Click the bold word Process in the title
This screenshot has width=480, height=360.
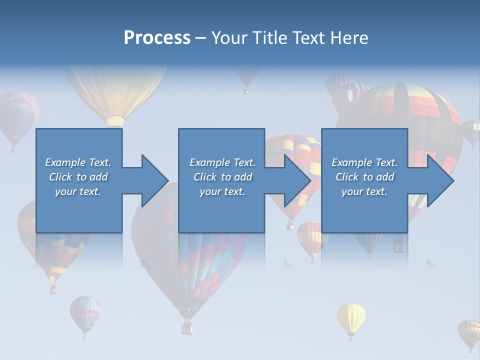pyautogui.click(x=157, y=38)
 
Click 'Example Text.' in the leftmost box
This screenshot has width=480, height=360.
pyautogui.click(x=78, y=162)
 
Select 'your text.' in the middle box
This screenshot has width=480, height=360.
pyautogui.click(x=222, y=191)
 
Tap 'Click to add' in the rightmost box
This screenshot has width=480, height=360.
pyautogui.click(x=364, y=177)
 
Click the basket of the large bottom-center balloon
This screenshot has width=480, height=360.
pyautogui.click(x=187, y=327)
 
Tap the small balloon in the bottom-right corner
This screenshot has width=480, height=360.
pyautogui.click(x=469, y=332)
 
